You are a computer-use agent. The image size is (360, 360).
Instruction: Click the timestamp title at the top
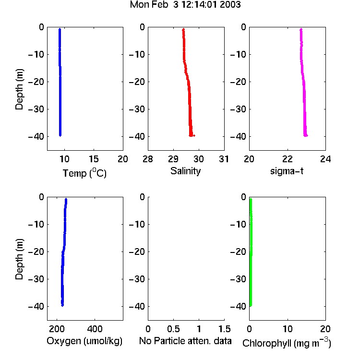(x=185, y=5)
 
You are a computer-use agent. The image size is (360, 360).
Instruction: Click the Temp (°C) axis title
(x=84, y=173)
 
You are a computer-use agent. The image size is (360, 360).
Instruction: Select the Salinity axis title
(x=185, y=171)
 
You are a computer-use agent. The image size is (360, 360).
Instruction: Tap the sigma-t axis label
(x=287, y=171)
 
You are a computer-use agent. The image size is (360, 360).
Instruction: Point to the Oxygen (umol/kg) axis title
(x=84, y=341)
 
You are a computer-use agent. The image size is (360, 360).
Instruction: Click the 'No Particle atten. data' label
(x=185, y=341)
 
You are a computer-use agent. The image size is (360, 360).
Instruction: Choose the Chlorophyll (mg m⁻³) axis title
(x=287, y=343)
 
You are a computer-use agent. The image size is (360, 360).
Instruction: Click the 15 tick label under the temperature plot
(x=94, y=159)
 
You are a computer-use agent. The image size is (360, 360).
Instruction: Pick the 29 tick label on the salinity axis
(x=173, y=159)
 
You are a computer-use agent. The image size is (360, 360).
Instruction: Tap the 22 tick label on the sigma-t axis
(x=288, y=159)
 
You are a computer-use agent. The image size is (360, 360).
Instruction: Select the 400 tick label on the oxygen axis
(x=95, y=329)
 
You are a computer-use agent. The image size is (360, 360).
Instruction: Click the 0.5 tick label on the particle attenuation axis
(x=173, y=329)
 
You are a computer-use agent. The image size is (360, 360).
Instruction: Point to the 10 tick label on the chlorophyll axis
(x=288, y=329)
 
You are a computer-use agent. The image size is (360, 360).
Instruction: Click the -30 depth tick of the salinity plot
(x=137, y=109)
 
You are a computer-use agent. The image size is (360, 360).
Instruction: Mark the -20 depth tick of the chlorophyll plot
(x=238, y=252)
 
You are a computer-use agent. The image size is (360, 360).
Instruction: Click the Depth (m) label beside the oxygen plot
(x=19, y=259)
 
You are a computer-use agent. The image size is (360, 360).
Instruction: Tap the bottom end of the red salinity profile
(x=191, y=135)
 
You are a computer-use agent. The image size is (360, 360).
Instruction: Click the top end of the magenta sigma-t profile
(x=301, y=29)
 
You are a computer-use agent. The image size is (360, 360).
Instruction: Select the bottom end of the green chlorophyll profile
(x=251, y=305)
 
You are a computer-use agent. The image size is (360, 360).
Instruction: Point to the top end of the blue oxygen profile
(x=66, y=199)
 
